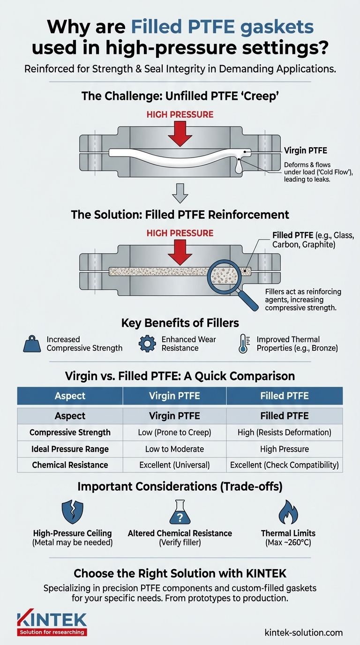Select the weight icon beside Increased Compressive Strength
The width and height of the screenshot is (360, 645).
pos(32,344)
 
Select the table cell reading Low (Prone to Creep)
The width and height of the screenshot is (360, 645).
pos(174,432)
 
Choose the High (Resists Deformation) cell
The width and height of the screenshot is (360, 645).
pos(284,432)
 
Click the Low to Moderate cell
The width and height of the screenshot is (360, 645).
pos(174,449)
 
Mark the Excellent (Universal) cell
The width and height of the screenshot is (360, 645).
pos(174,465)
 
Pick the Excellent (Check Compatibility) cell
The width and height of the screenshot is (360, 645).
pos(284,465)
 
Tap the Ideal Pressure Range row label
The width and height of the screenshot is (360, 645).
pos(70,449)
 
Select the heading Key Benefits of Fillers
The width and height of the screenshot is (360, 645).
pos(180,323)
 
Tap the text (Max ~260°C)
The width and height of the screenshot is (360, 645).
pos(287,543)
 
